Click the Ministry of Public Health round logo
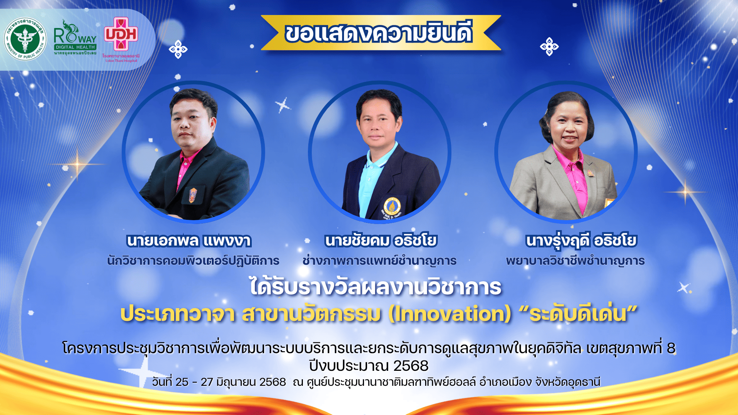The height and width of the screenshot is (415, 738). [25, 39]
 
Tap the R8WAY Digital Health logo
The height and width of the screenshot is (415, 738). [75, 37]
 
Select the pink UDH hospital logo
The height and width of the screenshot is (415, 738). [121, 39]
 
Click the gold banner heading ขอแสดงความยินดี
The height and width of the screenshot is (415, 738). [379, 33]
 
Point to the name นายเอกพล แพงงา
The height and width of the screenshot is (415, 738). [189, 241]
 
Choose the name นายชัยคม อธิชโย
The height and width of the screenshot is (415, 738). [381, 241]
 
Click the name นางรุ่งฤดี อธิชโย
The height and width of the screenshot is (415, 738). [581, 241]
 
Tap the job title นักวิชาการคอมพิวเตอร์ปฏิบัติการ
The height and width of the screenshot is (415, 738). [193, 261]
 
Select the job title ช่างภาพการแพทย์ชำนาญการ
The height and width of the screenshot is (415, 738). [379, 261]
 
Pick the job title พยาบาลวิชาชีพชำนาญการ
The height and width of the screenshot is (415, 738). [575, 261]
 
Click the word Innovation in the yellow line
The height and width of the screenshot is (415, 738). [450, 314]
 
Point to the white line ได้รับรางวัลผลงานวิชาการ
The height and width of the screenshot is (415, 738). [376, 287]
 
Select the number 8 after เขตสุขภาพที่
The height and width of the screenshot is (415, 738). [671, 348]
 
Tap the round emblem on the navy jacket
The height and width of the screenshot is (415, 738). [392, 207]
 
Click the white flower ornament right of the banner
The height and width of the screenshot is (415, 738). [549, 46]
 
